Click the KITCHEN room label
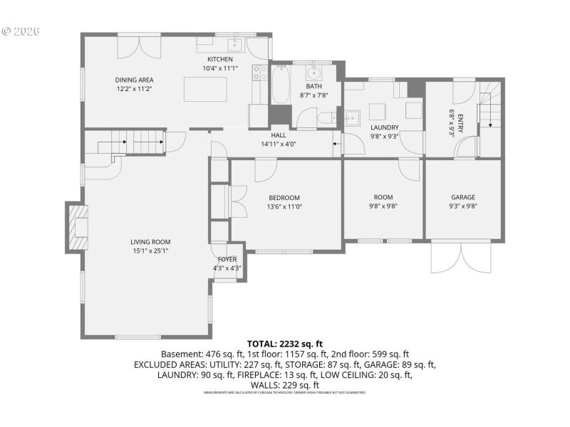click(220, 59)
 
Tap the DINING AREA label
click(135, 80)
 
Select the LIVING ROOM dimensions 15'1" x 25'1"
click(150, 251)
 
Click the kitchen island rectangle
click(206, 90)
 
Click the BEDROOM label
click(284, 198)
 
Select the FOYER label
click(227, 260)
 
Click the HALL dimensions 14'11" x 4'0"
click(278, 144)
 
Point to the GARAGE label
click(463, 198)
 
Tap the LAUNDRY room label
click(384, 127)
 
